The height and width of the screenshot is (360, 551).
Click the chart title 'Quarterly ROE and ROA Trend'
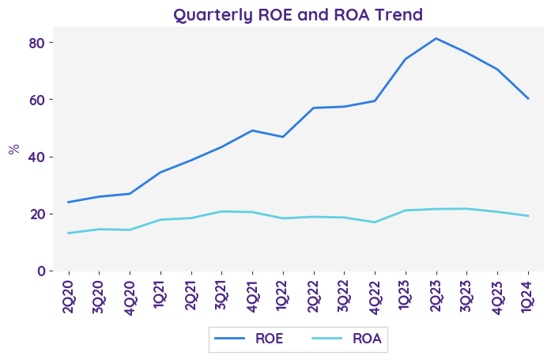298,15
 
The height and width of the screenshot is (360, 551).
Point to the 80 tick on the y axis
36,42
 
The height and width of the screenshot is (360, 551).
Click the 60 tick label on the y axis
36,100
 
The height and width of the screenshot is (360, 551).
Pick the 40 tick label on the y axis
36,157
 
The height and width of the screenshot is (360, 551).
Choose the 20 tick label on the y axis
36,214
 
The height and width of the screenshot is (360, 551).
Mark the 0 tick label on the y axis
40,271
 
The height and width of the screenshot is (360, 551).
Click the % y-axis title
13,149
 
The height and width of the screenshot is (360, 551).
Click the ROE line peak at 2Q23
436,38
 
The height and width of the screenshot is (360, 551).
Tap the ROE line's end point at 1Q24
528,98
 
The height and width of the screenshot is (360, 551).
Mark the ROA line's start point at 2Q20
68,233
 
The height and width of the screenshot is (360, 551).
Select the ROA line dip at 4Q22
375,222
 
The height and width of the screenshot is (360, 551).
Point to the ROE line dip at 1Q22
283,137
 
